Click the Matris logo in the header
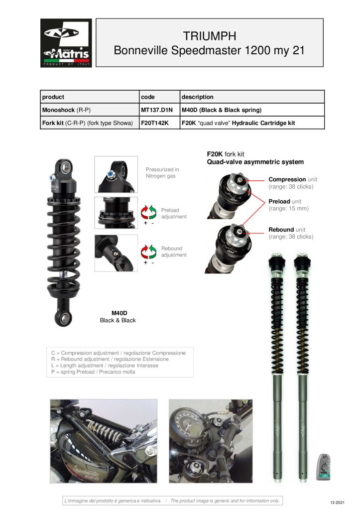(x=66, y=43)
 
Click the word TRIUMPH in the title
(x=209, y=36)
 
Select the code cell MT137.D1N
(x=156, y=110)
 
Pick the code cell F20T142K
(x=155, y=123)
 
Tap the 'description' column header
(x=197, y=97)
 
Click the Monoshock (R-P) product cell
(x=66, y=110)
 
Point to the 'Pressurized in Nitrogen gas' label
(x=162, y=173)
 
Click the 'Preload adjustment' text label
(x=174, y=214)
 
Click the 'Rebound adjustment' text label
(x=174, y=252)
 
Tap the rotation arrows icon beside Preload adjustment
(x=149, y=212)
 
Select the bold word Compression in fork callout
(x=287, y=179)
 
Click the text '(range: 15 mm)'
(x=288, y=208)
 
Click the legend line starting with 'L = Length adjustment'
(x=105, y=366)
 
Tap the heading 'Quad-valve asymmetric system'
(x=255, y=162)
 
